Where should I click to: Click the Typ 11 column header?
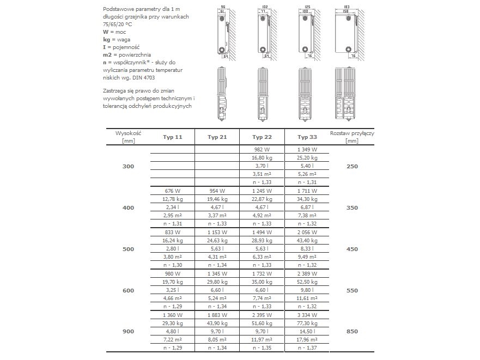pos(172,137)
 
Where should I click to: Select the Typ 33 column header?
pos(307,137)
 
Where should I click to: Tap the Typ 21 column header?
pos(217,137)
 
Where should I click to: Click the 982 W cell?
pos(262,149)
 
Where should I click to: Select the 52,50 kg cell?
pos(307,282)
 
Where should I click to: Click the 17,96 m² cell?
pos(307,339)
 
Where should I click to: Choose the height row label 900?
pos(128,331)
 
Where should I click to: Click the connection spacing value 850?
pos(353,331)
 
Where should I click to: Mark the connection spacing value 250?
pos(353,166)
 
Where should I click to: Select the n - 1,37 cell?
pos(307,347)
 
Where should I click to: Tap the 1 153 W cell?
pos(217,232)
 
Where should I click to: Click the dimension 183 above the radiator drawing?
pos(346,7)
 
